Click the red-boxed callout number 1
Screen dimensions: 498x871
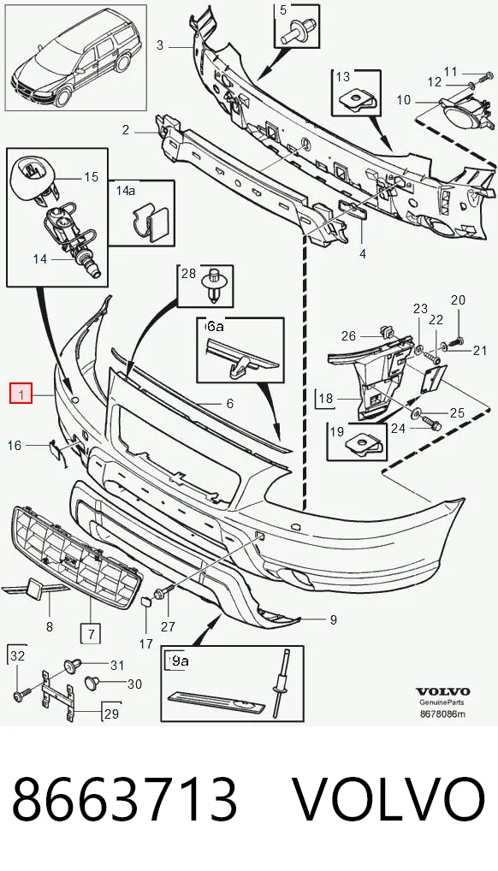click(21, 395)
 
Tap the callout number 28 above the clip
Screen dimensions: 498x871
click(189, 273)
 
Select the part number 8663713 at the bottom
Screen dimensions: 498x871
click(125, 801)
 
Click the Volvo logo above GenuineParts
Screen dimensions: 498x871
click(443, 691)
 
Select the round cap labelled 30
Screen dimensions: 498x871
click(92, 681)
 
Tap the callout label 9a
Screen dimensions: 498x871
click(180, 661)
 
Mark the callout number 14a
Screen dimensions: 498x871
click(126, 191)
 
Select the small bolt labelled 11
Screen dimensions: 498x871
click(483, 74)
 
